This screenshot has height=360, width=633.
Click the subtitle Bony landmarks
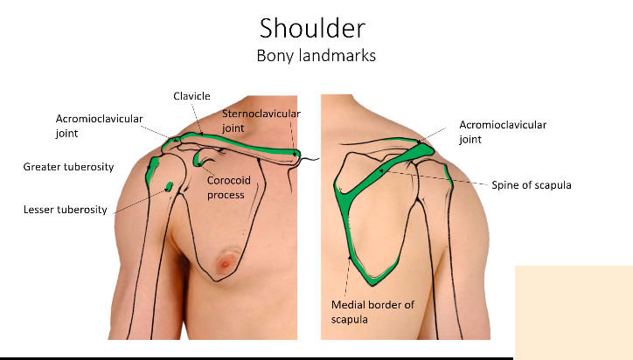coord(316,55)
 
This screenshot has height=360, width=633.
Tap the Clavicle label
coord(191,96)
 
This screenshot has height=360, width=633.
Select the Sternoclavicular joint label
coord(260,121)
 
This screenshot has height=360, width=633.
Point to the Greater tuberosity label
coord(68,167)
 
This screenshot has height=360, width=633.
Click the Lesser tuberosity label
coord(64,210)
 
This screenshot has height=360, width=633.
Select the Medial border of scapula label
coord(372,311)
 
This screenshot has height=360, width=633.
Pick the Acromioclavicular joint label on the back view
coord(502,131)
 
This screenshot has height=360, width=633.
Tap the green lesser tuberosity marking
coord(170,185)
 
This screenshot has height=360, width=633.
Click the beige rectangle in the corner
coord(573,311)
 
